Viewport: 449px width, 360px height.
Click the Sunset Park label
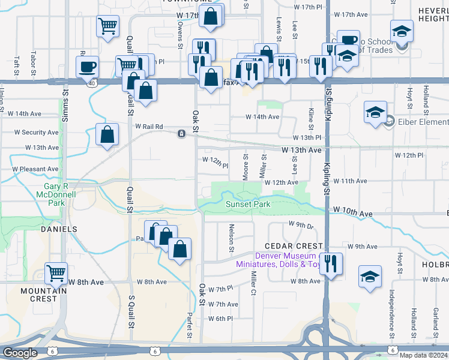point(248,204)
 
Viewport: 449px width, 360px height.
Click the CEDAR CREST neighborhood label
point(285,246)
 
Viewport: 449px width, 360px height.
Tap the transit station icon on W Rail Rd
point(181,133)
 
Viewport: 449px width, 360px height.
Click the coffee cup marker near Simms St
point(88,66)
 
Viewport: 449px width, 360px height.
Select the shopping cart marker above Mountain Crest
point(56,273)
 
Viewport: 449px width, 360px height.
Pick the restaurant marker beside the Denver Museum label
point(331,263)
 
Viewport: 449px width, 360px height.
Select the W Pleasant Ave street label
point(35,169)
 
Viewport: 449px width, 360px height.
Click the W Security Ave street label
point(37,132)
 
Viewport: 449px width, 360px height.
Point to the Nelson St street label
point(231,234)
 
